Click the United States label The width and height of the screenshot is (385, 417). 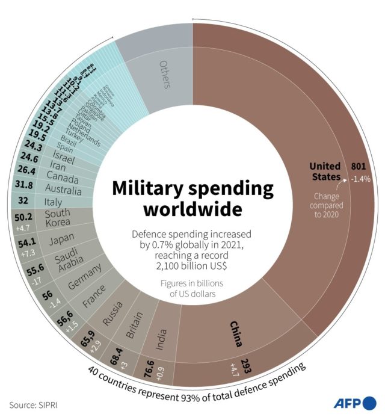[x=325, y=171]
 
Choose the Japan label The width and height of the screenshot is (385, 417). [x=61, y=240]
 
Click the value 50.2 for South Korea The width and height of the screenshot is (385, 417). [x=22, y=217]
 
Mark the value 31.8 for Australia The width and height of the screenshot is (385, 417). [x=24, y=185]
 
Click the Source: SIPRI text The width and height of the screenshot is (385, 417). [x=37, y=404]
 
